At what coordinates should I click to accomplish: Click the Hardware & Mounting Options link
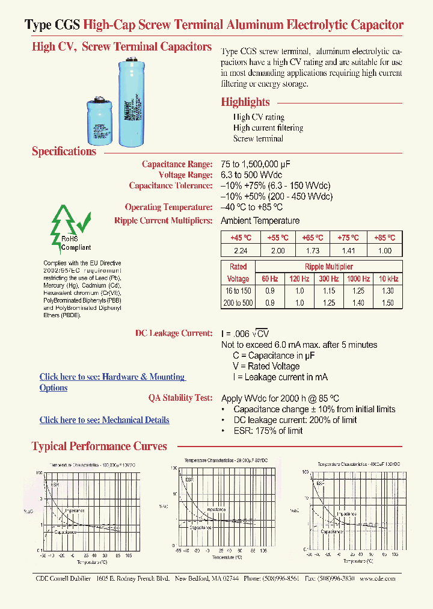click(x=112, y=377)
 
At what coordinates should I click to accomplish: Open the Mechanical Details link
click(x=104, y=420)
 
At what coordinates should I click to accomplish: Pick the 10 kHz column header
click(x=388, y=279)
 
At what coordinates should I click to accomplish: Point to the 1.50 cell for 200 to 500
click(x=388, y=303)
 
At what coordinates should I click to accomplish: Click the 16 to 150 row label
click(x=238, y=291)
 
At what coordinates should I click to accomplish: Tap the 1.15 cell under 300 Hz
click(x=328, y=291)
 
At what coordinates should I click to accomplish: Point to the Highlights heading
click(x=245, y=102)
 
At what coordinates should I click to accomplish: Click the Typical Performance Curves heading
click(x=99, y=447)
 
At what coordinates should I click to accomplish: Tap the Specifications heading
click(x=64, y=152)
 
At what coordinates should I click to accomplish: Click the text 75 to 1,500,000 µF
click(x=263, y=164)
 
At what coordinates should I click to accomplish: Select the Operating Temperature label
click(x=169, y=208)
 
